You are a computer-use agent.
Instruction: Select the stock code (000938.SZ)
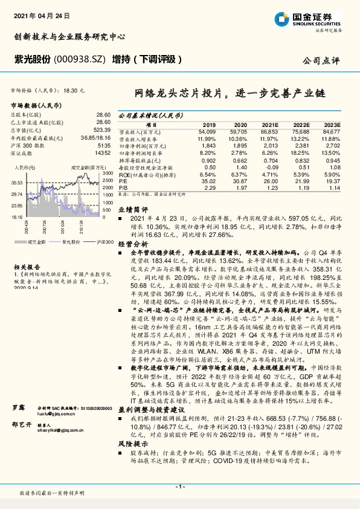tap(80, 59)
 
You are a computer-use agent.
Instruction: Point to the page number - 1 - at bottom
tap(179, 487)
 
